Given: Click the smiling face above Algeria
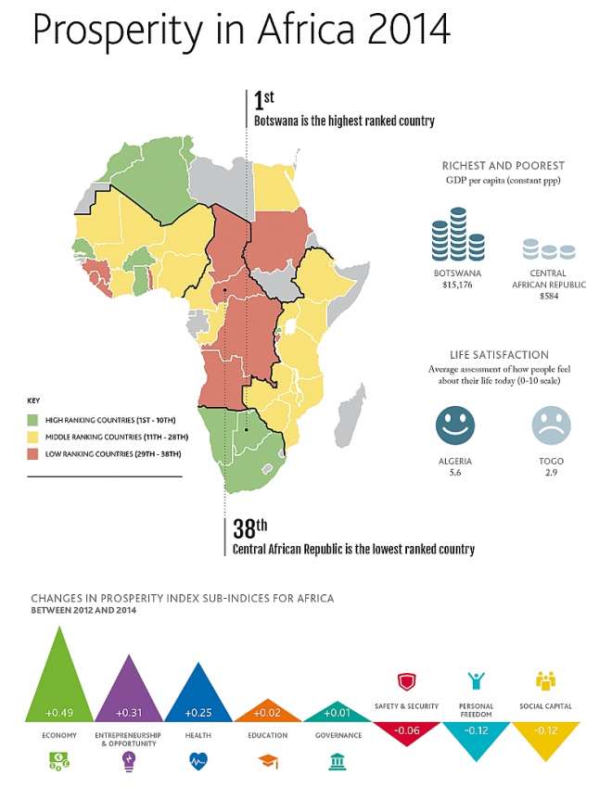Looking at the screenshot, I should pos(454,425).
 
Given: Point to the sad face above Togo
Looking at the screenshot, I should pos(551,425).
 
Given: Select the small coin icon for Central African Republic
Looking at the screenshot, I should pos(549,249).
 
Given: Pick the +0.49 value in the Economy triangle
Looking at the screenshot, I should pos(58,713).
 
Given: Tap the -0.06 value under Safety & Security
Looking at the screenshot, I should pos(405,730).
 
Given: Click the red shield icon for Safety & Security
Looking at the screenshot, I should pos(406,682).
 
